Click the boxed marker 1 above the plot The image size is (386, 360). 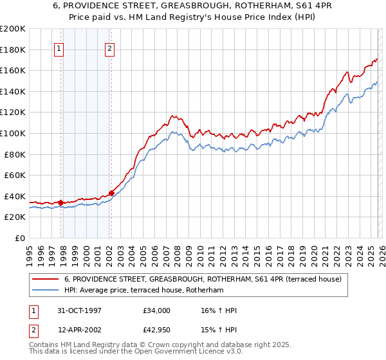coord(59,48)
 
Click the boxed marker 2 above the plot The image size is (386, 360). coord(109,48)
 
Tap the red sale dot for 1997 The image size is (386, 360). coord(61,203)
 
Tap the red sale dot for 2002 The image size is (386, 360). coord(111,193)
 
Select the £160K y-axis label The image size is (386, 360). coord(13,70)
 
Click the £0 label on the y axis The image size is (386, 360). coord(19,238)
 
